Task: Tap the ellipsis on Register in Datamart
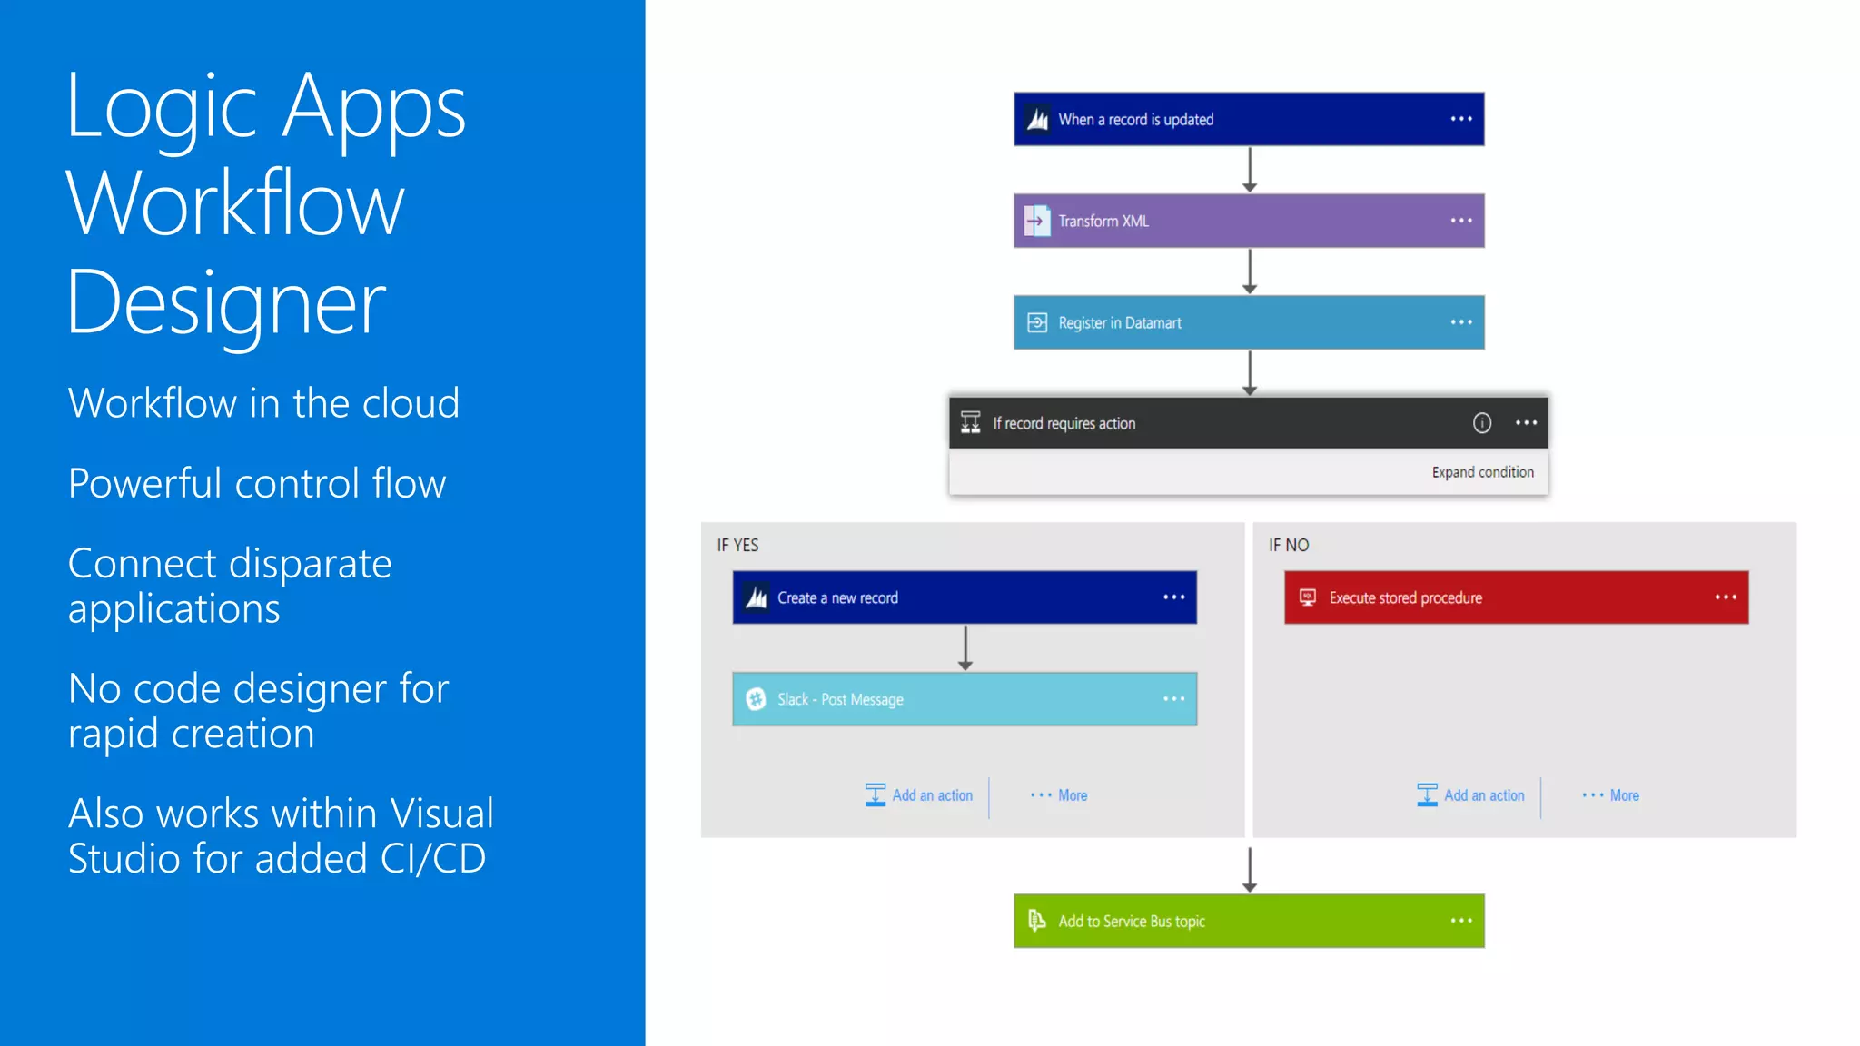pos(1460,322)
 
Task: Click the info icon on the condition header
pos(1481,423)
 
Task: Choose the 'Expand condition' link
pos(1482,472)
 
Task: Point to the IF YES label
pos(737,545)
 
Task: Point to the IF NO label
pos(1289,545)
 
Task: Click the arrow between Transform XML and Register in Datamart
pos(1250,271)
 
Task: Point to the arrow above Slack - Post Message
pos(965,647)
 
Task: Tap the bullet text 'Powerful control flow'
pos(257,483)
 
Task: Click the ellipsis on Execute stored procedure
pos(1726,597)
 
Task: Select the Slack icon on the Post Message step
pos(756,699)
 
